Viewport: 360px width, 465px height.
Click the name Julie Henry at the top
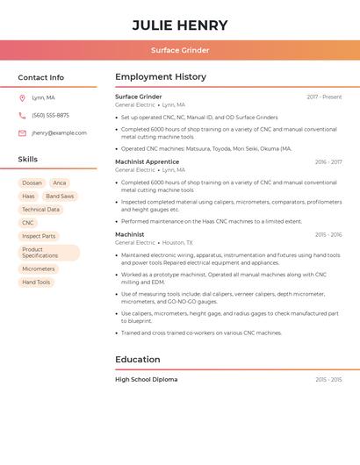[180, 25]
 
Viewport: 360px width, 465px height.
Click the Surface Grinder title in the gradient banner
[180, 50]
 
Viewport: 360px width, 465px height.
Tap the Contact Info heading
[41, 77]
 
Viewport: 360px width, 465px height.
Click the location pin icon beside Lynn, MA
[22, 97]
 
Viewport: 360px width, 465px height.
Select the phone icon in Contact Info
[22, 115]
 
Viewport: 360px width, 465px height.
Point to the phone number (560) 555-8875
[50, 115]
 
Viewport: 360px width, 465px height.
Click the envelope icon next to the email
[22, 133]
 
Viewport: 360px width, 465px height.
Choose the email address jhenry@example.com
[59, 133]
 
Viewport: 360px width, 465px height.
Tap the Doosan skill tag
[32, 183]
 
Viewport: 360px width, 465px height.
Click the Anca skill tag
[60, 183]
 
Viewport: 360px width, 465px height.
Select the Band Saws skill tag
[60, 197]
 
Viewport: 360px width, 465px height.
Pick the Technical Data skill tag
[40, 210]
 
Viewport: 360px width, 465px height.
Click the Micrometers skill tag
[39, 269]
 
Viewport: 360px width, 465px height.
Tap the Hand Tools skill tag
[36, 283]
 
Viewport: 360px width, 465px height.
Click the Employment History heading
[161, 77]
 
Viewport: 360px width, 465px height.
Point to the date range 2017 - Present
[324, 97]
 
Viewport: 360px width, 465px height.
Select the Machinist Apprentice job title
[147, 162]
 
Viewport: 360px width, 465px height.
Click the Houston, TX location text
[177, 242]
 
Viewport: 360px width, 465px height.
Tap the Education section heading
[138, 360]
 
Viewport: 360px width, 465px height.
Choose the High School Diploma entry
[146, 380]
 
